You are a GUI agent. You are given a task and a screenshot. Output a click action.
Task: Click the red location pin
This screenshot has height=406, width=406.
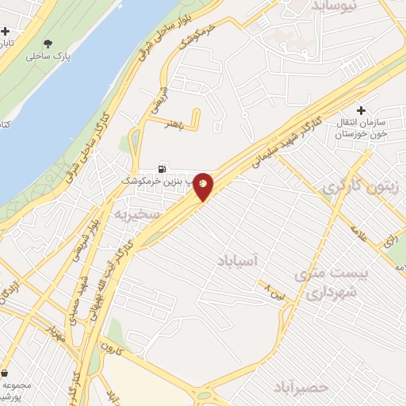click(x=204, y=186)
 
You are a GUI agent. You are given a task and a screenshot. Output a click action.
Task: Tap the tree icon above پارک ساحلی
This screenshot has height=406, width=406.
click(x=49, y=44)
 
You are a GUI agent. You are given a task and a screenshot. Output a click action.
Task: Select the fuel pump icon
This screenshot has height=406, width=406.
click(x=163, y=168)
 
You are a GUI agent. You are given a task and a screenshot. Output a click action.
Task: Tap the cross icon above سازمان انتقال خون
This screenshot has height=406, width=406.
click(x=362, y=111)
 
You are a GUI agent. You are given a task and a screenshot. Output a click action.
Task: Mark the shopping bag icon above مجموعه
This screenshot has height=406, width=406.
click(x=6, y=373)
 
